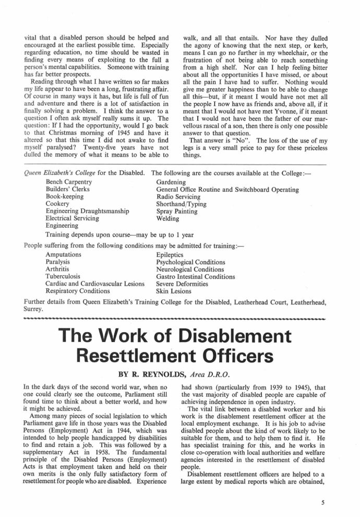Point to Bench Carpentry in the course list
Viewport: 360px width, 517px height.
tap(69, 182)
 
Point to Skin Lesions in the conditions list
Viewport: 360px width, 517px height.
tap(174, 291)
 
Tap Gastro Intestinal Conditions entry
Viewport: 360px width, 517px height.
tap(196, 276)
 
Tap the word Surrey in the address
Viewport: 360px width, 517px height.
tap(35, 309)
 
